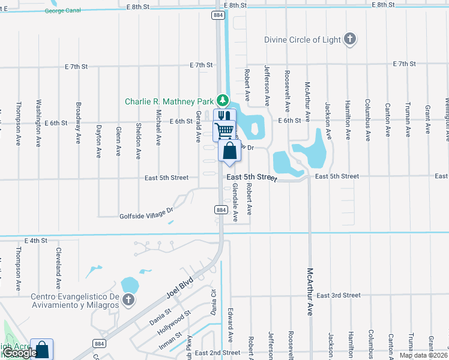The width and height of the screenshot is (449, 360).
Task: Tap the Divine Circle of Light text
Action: (303, 40)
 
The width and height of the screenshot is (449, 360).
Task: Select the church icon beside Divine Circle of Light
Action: (350, 40)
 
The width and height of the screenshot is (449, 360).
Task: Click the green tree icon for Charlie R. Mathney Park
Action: (223, 100)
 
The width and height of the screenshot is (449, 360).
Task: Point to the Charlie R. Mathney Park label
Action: (169, 101)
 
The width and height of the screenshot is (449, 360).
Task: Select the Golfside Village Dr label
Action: (146, 210)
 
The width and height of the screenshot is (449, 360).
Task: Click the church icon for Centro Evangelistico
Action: (128, 299)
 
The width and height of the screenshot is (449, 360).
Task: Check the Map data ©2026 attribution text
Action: (423, 355)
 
